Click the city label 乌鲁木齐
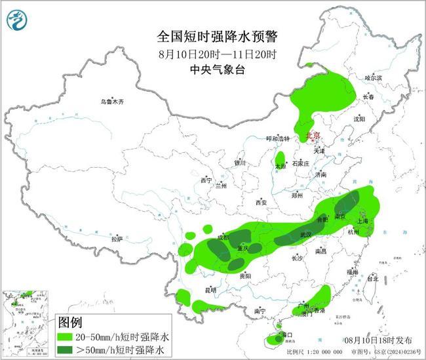click(x=112, y=102)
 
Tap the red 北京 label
click(x=313, y=136)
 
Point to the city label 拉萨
click(x=117, y=239)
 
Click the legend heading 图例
click(x=70, y=323)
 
